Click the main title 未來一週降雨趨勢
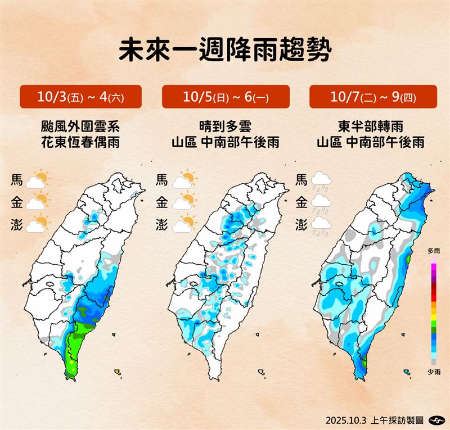(x=225, y=49)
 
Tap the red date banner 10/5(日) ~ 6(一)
(x=226, y=97)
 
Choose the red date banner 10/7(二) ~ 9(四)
(x=373, y=97)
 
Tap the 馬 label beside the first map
(x=17, y=180)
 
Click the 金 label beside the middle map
(x=161, y=202)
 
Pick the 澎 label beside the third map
(x=301, y=224)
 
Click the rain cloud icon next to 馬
(x=321, y=180)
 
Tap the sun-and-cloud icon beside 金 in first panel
(x=38, y=202)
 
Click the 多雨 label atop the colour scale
(x=434, y=250)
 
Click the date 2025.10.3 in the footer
(x=344, y=420)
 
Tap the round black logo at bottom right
(x=435, y=420)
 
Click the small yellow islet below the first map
(x=118, y=372)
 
